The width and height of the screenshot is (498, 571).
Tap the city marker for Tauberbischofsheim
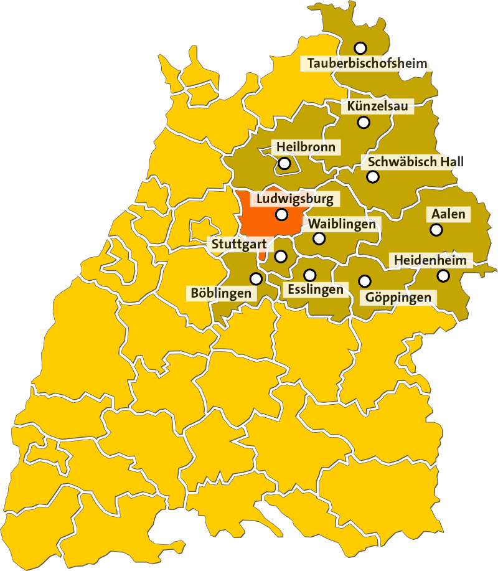click(x=360, y=48)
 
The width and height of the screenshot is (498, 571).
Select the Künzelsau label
click(x=378, y=107)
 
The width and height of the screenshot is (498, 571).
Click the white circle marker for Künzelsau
click(x=364, y=122)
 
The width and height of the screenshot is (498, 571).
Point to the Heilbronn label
click(x=306, y=148)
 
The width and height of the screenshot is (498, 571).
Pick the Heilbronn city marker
click(x=284, y=164)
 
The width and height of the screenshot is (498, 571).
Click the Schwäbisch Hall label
click(x=415, y=162)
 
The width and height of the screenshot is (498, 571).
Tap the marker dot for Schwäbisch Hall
click(x=372, y=177)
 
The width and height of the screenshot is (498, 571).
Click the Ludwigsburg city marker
click(x=281, y=215)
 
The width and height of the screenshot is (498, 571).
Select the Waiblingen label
click(x=342, y=224)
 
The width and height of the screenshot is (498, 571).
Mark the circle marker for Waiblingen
click(x=319, y=238)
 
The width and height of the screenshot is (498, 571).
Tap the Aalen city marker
click(x=436, y=230)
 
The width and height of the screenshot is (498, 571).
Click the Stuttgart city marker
click(x=281, y=256)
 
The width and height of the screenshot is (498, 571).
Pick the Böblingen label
click(x=221, y=293)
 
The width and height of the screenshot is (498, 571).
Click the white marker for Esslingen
click(x=309, y=275)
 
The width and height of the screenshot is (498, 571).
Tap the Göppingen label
click(x=398, y=298)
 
